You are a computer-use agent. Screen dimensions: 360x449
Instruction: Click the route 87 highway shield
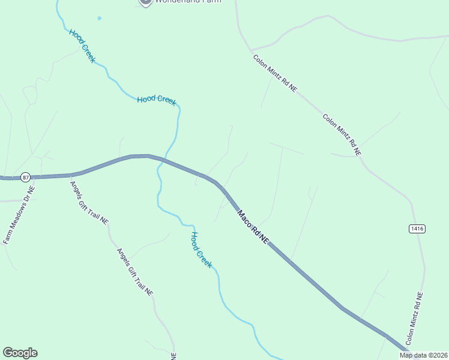pos(25,177)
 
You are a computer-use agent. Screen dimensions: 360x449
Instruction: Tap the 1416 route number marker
pos(417,229)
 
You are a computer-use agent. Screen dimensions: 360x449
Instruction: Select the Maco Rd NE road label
pos(253,226)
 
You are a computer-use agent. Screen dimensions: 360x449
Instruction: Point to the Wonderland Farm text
pos(188,2)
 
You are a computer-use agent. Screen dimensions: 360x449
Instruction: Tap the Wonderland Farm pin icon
pos(145,2)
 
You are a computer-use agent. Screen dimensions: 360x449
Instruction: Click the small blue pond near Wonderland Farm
pos(99,18)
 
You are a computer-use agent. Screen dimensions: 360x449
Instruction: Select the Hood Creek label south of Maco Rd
pos(202,249)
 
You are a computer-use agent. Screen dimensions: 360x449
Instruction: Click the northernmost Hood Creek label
pos(82,46)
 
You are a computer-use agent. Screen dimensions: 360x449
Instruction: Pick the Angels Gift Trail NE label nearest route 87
pos(89,202)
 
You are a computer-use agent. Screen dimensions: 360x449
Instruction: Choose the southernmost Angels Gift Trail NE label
pos(135,271)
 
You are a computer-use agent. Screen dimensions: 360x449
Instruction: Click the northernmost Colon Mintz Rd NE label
pos(275,73)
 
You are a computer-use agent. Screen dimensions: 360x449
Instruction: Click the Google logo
pos(20,353)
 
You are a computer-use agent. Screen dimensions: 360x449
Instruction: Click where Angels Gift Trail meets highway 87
pos(71,175)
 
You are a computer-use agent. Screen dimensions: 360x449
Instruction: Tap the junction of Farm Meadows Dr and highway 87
pos(35,177)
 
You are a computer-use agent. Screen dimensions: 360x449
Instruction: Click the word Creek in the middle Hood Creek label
pos(167,101)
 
